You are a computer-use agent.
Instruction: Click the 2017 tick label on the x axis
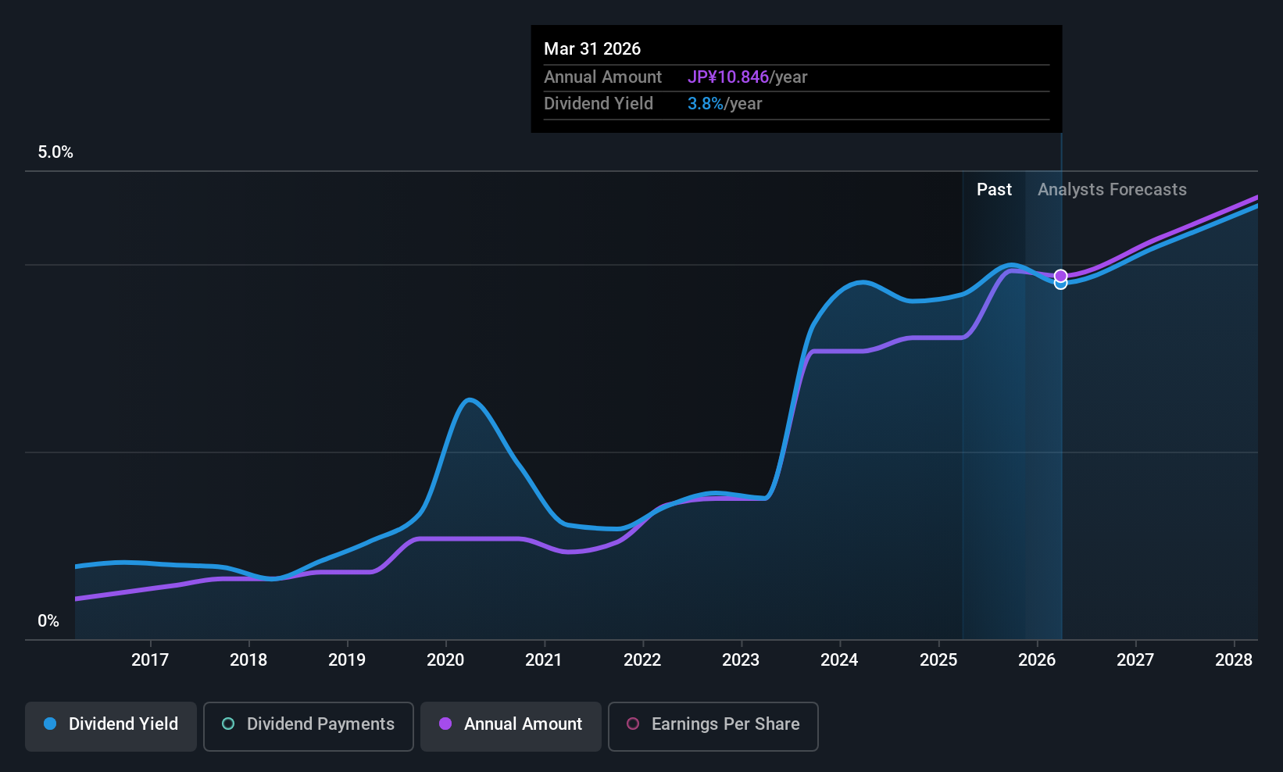(149, 659)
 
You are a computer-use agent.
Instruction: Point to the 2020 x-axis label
(445, 659)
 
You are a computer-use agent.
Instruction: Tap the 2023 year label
(740, 659)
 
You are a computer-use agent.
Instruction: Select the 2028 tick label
(1233, 659)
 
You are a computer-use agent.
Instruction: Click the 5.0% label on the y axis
(55, 152)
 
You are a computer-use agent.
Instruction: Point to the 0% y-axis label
(48, 621)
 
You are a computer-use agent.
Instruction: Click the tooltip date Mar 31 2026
(592, 49)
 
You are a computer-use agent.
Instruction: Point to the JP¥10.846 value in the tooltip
(728, 77)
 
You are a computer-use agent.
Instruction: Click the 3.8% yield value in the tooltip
(705, 104)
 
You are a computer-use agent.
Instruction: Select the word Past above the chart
(994, 190)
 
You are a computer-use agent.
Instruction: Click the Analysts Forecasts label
(1111, 190)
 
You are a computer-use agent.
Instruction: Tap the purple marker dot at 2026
(1060, 276)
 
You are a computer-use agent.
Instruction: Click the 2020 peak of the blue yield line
(469, 400)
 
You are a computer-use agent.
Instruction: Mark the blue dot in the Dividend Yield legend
(50, 724)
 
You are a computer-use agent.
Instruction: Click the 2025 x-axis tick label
(938, 659)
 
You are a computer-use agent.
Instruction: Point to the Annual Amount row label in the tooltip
(602, 77)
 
